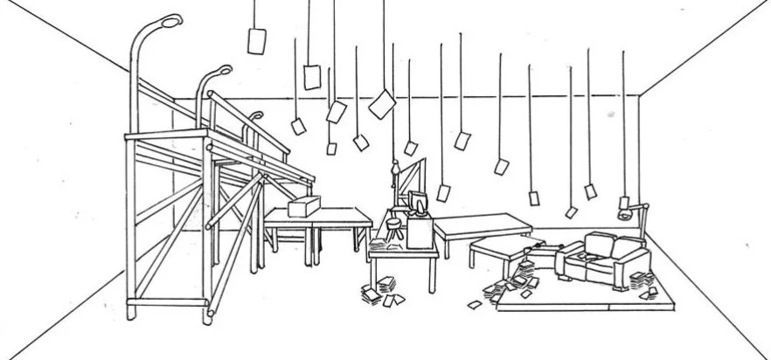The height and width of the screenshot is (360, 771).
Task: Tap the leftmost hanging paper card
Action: [256, 40]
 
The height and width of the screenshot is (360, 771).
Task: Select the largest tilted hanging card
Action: [381, 104]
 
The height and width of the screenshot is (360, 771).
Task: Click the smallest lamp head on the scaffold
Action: [256, 114]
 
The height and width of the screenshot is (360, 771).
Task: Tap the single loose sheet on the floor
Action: [475, 304]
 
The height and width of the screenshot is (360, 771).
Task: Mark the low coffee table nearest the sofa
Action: [501, 247]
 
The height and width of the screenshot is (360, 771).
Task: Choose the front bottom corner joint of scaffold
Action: [210, 308]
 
